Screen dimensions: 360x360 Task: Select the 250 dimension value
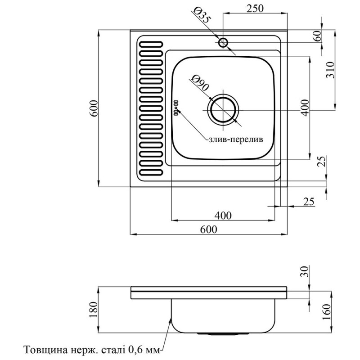click(x=255, y=8)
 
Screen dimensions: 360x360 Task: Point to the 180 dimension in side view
click(x=94, y=310)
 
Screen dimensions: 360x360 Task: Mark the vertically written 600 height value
click(x=94, y=108)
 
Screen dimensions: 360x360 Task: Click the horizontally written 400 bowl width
click(x=223, y=216)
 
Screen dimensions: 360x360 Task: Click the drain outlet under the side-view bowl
click(x=222, y=334)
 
